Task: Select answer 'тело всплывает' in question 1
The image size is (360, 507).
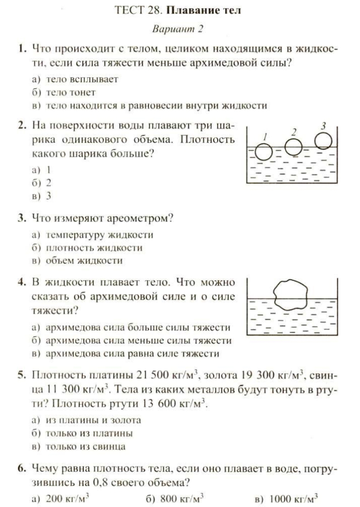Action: (82, 79)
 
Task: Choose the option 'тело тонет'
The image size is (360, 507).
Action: (71, 92)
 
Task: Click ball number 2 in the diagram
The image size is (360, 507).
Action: (293, 146)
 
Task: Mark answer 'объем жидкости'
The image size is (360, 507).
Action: (84, 261)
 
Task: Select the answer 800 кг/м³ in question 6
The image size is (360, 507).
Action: (182, 499)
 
